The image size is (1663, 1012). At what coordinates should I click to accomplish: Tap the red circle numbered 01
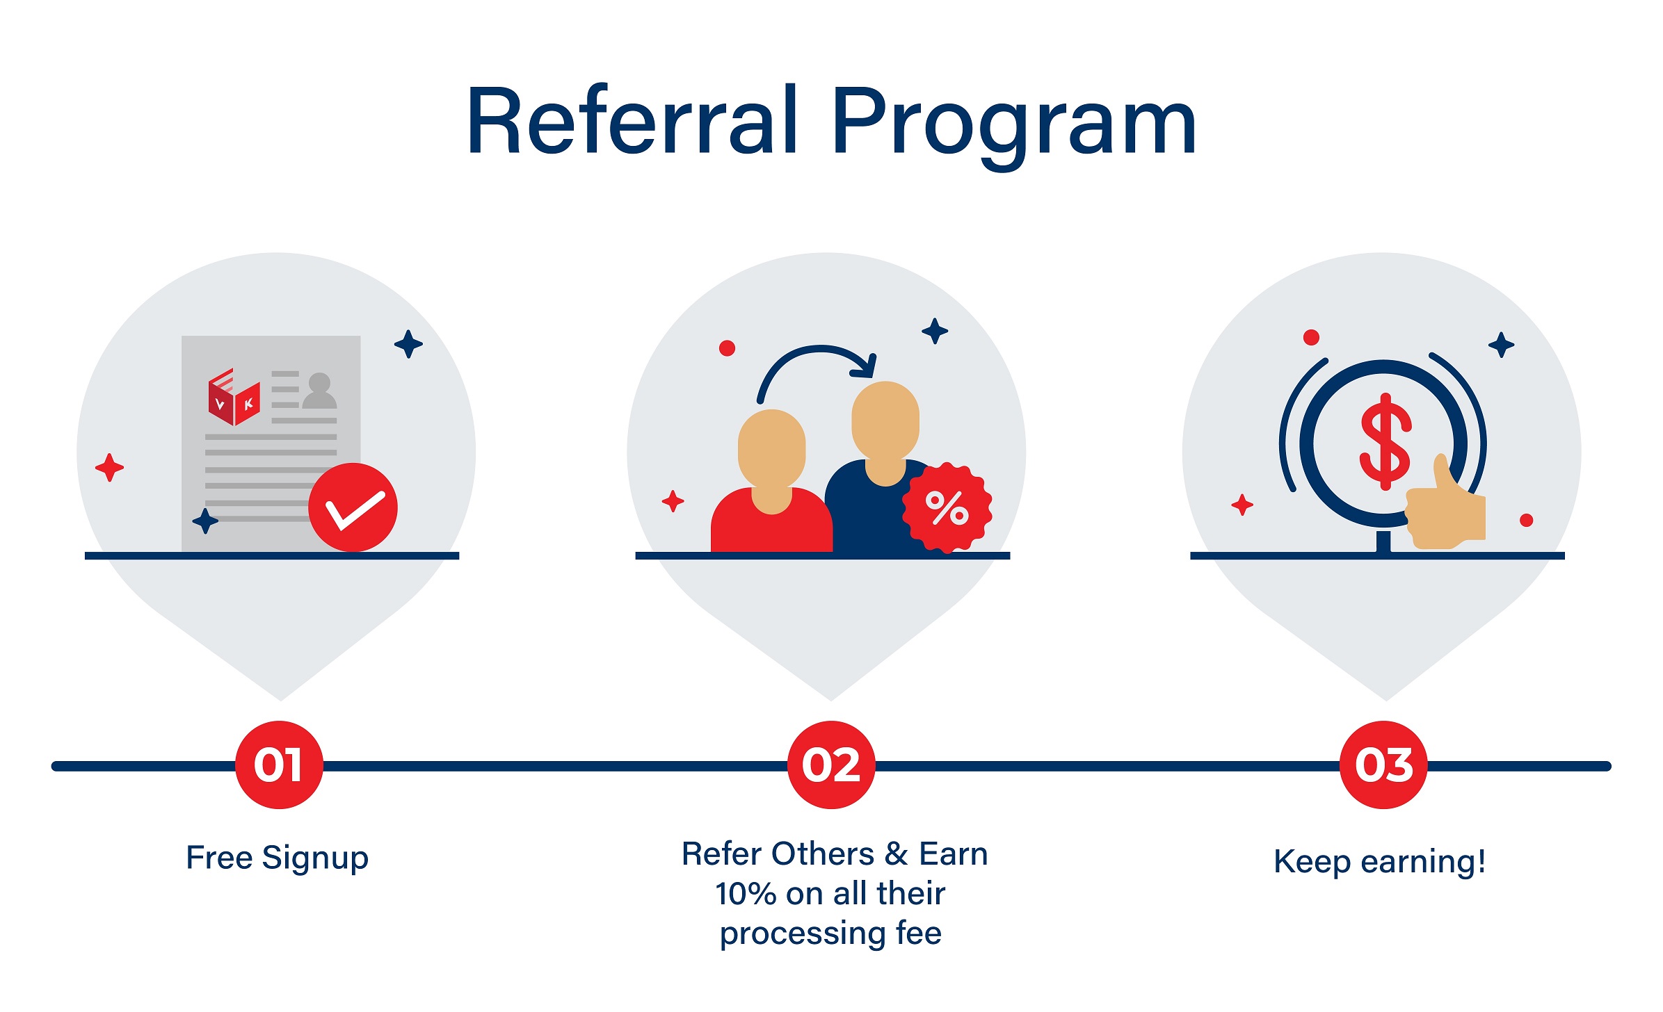pos(279,765)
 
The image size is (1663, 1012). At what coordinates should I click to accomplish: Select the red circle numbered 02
pos(831,765)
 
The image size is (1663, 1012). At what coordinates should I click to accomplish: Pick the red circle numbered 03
pos(1383,765)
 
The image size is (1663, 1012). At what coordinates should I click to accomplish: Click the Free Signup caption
pos(277,858)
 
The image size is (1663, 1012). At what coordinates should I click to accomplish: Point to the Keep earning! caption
pos(1380,862)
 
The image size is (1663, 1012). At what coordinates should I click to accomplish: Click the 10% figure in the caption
pos(746,894)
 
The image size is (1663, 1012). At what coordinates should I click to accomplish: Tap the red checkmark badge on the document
pos(353,507)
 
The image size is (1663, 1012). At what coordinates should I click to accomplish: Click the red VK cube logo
pos(234,397)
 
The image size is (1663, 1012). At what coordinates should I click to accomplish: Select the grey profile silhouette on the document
pos(319,391)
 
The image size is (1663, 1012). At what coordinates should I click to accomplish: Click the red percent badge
pos(947,508)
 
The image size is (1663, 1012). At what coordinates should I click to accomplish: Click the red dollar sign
pos(1385,442)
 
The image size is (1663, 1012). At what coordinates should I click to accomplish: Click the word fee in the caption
pos(919,933)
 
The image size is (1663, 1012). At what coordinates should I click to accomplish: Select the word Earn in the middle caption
pos(954,854)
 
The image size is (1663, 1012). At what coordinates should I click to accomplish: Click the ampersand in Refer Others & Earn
pos(897,854)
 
